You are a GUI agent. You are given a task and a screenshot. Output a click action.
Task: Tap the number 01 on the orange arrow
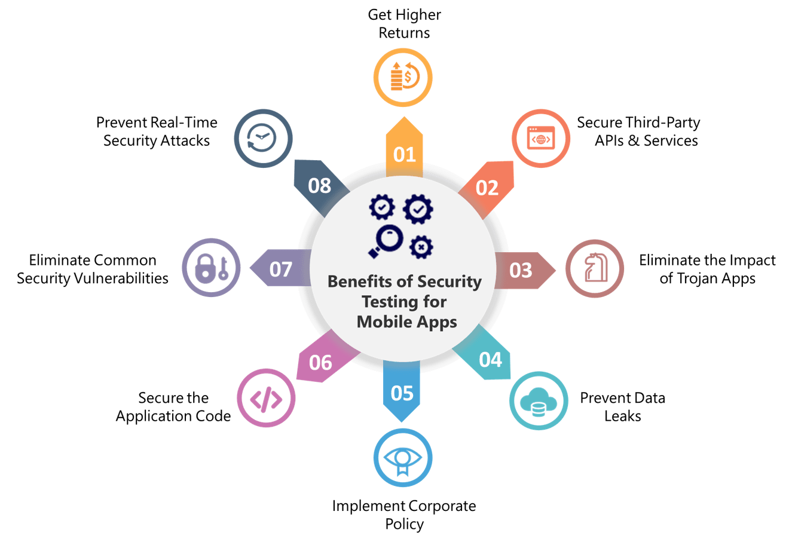click(x=405, y=155)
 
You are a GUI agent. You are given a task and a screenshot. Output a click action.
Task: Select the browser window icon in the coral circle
click(x=541, y=137)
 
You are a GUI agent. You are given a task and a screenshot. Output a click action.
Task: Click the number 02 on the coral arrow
click(x=487, y=188)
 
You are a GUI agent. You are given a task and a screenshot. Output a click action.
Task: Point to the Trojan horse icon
click(x=595, y=267)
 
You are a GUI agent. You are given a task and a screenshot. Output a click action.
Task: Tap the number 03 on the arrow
click(x=521, y=271)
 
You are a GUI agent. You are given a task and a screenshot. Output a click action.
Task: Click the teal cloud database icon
click(x=539, y=402)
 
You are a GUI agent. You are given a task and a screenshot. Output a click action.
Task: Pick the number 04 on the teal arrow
click(x=490, y=360)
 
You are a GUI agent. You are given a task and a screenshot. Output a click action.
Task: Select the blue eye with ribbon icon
click(x=403, y=460)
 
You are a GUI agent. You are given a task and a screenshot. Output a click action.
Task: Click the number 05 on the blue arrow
click(x=402, y=393)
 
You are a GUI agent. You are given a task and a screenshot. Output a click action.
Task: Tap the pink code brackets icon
click(x=266, y=400)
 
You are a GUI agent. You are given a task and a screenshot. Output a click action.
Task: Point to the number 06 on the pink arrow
click(x=320, y=363)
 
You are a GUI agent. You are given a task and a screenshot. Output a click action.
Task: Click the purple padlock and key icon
click(x=212, y=268)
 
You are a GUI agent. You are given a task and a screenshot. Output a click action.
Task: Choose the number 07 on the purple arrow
click(x=281, y=270)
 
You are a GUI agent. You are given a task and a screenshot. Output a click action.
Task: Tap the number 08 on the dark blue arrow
click(x=319, y=186)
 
